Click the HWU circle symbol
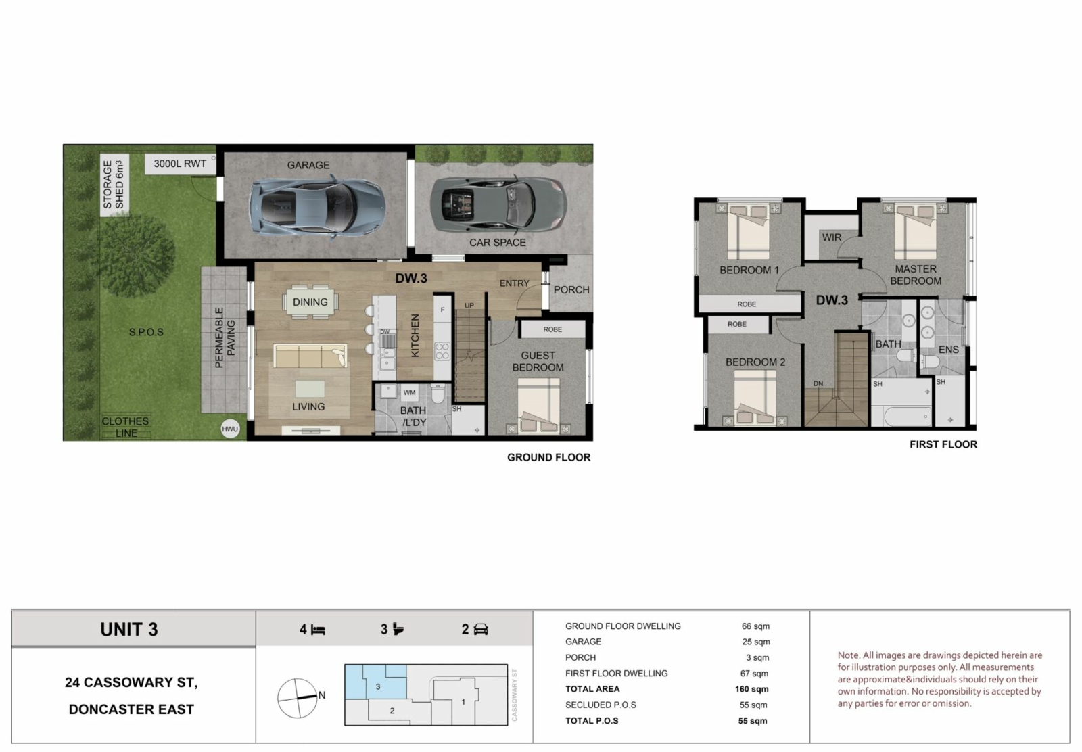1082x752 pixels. point(230,429)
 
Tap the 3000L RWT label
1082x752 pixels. point(180,164)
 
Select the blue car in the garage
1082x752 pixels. point(317,207)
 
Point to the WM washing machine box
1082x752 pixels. point(410,393)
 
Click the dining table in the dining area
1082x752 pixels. point(310,302)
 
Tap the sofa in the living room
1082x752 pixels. point(310,356)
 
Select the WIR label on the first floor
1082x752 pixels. point(832,237)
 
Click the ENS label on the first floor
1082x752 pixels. point(949,350)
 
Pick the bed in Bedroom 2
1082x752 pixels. point(755,398)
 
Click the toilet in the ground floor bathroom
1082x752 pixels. point(438,394)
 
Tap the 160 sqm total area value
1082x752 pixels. point(751,689)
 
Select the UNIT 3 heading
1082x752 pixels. point(129,630)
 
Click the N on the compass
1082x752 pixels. point(322,695)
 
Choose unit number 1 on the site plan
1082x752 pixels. point(463,702)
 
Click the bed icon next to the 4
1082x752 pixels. point(318,630)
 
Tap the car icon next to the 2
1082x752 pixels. point(481,630)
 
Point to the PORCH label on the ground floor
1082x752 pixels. point(571,290)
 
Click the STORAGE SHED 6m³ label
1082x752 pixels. point(114,185)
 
